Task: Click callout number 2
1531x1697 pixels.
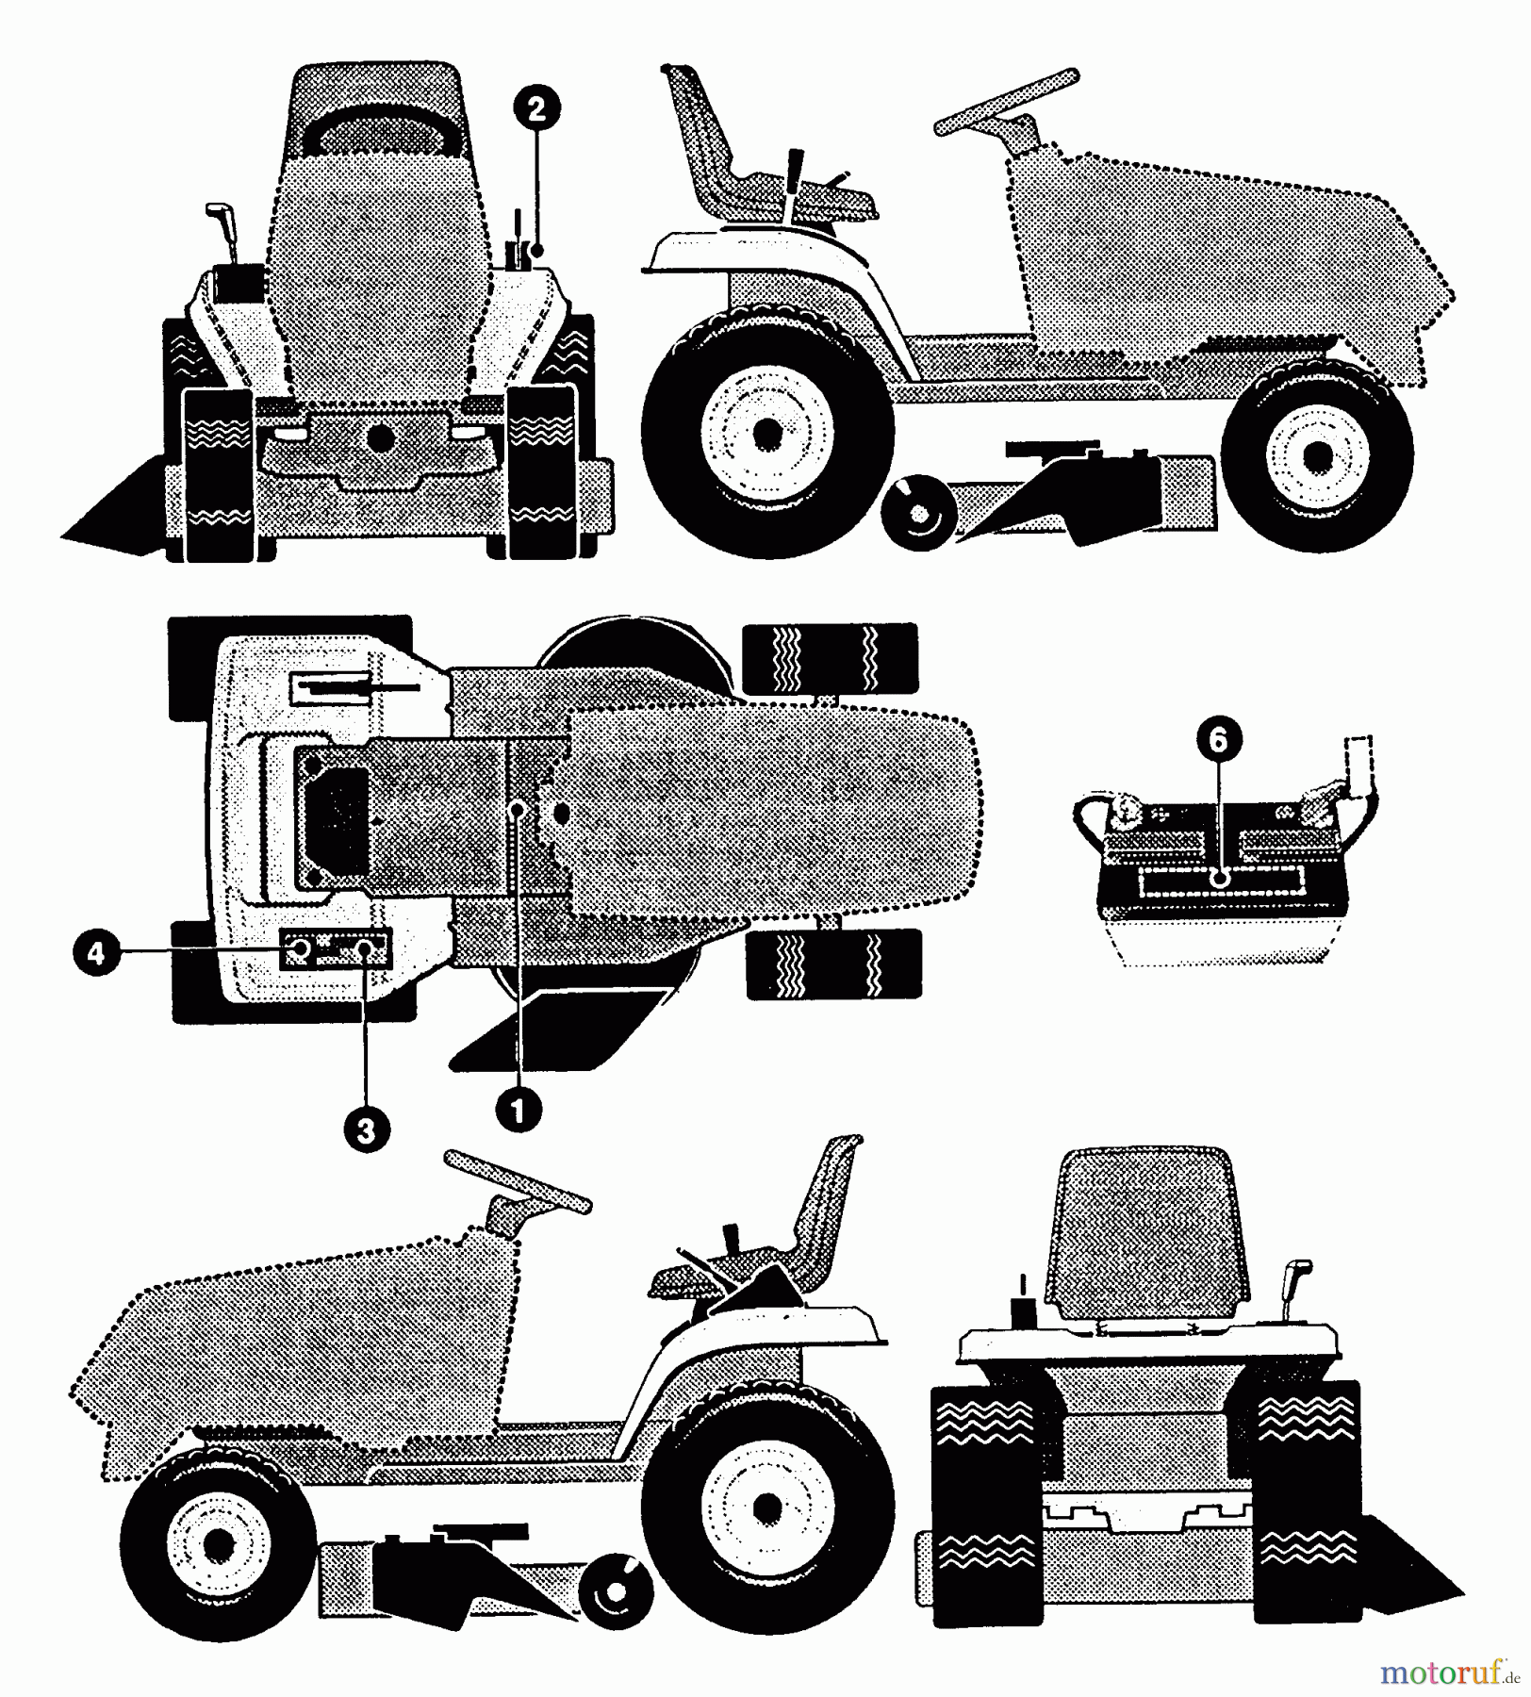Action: (x=536, y=108)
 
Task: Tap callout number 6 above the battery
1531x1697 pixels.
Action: (x=1218, y=741)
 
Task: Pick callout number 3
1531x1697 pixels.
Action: (x=366, y=1129)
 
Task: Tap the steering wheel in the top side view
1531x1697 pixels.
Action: (x=1007, y=101)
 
